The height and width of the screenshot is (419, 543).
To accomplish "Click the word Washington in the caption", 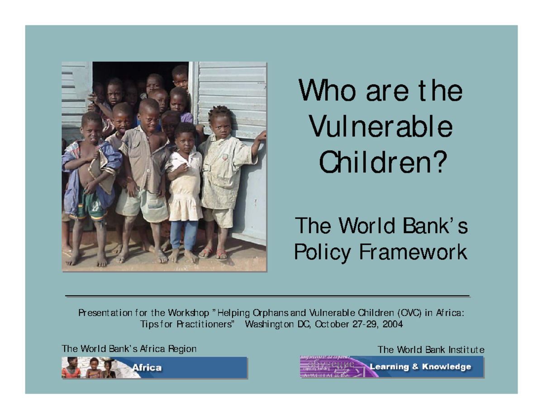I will (269, 324).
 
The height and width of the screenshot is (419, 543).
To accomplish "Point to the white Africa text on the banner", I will (147, 367).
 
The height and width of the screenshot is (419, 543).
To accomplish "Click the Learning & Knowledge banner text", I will (421, 367).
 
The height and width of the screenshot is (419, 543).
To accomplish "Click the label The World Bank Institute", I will (431, 350).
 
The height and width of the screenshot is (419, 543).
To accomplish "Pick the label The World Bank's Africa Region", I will (129, 349).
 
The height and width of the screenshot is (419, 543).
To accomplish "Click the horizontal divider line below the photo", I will (267, 296).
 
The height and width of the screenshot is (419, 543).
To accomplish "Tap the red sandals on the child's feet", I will (214, 253).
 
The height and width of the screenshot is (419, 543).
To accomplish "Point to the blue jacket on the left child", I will (72, 181).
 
